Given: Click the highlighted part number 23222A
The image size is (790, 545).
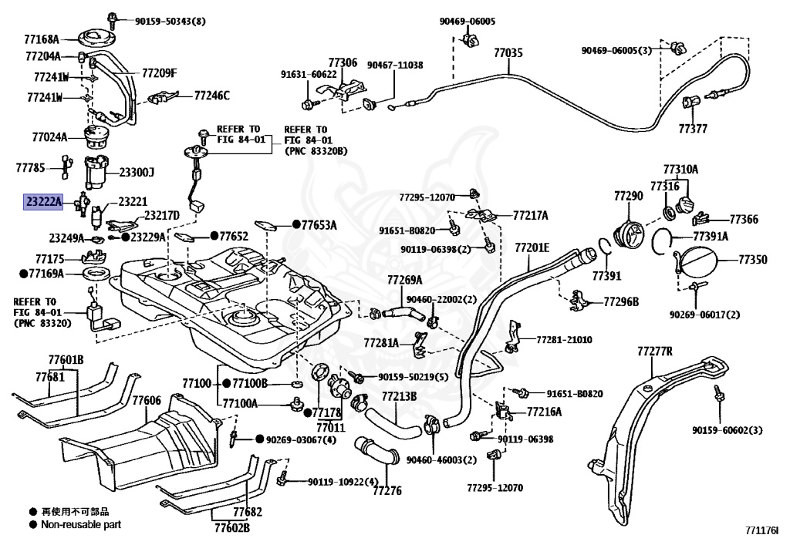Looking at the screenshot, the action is tap(43, 202).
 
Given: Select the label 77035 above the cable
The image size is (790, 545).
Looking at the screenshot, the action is tap(508, 52).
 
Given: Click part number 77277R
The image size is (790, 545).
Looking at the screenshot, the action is tap(654, 351).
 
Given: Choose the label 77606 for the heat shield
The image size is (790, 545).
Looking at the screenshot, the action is tap(147, 400).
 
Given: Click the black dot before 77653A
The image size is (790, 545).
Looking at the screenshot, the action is tap(297, 224).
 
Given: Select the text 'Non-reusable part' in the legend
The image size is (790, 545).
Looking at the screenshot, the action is tap(81, 524).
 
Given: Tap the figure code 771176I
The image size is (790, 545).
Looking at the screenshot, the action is tap(761, 530).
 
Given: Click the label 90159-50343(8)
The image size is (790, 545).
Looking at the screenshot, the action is tap(170, 21).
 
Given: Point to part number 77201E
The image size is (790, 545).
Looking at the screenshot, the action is tap(532, 247).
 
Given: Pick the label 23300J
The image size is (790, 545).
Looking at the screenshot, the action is tap(137, 173).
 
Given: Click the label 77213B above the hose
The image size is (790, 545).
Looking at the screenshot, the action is tap(399, 396).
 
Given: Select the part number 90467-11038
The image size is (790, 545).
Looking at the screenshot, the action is tap(395, 65).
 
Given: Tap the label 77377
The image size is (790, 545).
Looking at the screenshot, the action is tap(693, 128).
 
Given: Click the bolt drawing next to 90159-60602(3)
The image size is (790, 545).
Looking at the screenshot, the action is tap(719, 394).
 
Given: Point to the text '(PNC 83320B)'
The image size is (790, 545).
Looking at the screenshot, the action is tap(316, 151).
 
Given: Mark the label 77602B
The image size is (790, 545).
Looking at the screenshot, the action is tap(232, 528).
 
